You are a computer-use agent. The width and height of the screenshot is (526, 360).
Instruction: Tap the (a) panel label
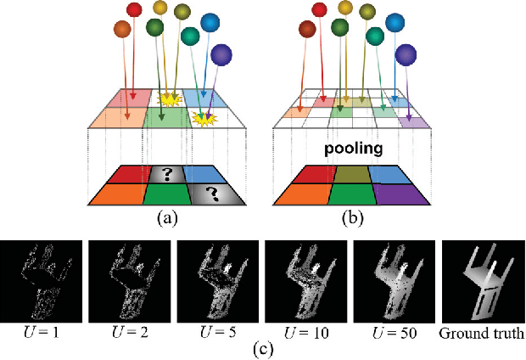click(166, 217)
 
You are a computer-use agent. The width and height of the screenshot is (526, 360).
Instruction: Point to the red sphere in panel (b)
click(318, 10)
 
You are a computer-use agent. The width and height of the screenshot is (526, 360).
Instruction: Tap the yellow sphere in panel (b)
click(344, 8)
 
